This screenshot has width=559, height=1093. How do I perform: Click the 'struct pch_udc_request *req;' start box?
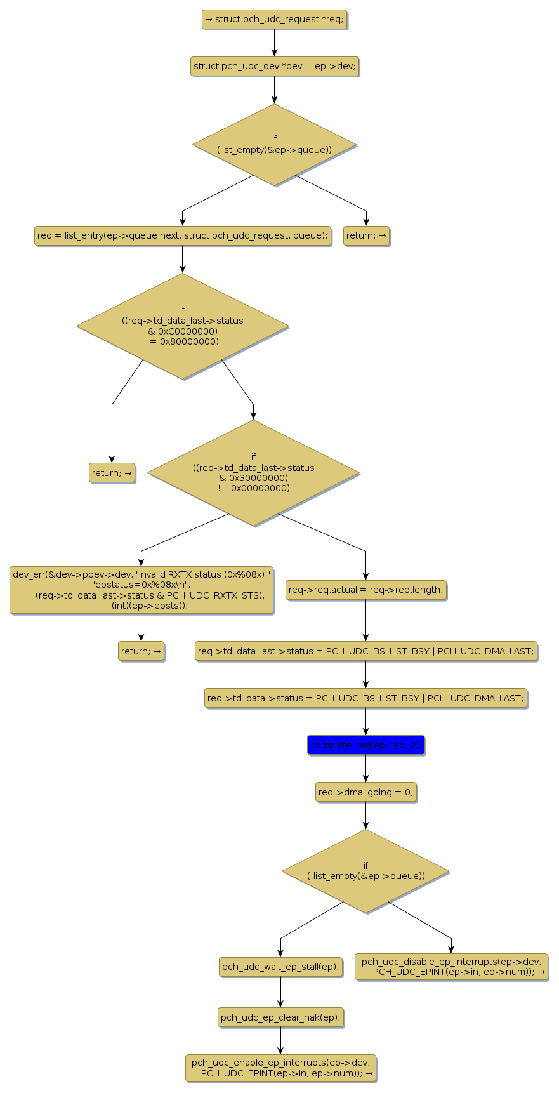274,19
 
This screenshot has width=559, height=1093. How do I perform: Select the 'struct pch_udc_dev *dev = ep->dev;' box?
274,66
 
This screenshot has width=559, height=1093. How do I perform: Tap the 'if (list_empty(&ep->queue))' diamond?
274,145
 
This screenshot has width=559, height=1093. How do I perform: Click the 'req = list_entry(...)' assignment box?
182,235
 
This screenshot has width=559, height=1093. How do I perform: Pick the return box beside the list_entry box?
366,235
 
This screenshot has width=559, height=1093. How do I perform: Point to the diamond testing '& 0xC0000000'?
182,326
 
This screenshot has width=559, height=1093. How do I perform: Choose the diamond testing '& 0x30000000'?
253,473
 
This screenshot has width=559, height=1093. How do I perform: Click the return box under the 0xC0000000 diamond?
112,473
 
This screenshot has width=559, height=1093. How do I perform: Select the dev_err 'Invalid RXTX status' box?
141,590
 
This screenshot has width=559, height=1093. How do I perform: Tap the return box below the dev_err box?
141,651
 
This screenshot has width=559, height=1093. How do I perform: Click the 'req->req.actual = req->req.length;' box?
365,590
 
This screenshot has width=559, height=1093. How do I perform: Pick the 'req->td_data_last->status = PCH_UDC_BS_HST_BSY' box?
365,651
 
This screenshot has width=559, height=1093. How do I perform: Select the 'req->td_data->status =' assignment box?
365,698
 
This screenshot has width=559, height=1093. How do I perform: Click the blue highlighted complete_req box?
365,745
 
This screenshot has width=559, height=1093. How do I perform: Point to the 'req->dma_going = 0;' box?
365,792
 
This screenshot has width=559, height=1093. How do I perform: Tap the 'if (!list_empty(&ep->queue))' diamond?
365,871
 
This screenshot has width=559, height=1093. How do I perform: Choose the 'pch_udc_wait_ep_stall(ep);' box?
280,967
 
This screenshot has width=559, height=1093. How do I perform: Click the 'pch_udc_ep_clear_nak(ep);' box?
280,1017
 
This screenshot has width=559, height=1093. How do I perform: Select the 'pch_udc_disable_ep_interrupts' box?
451,967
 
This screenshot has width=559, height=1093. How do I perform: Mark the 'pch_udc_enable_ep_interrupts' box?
280,1068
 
